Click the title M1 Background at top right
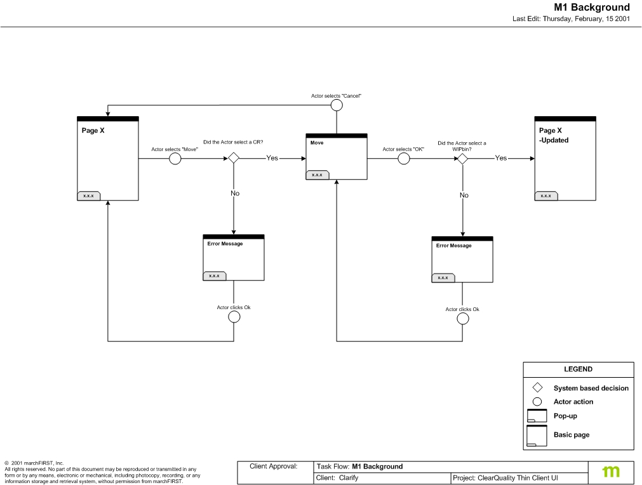[591, 8]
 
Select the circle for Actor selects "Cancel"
[337, 105]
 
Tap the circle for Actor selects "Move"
[175, 159]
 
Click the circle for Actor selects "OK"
[404, 159]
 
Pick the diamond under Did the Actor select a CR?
[234, 158]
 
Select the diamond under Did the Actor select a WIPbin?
[463, 159]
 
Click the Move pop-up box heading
[317, 143]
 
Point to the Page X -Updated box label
[553, 135]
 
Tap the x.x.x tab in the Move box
[317, 175]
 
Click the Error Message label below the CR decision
[225, 244]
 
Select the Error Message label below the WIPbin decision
[453, 246]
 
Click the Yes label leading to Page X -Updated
[501, 158]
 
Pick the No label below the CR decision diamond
[235, 193]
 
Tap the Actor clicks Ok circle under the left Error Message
[234, 317]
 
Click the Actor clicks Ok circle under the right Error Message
[463, 319]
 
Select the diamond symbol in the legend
[537, 388]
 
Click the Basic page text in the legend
[571, 435]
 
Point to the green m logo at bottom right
[611, 471]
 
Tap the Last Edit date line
[571, 19]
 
